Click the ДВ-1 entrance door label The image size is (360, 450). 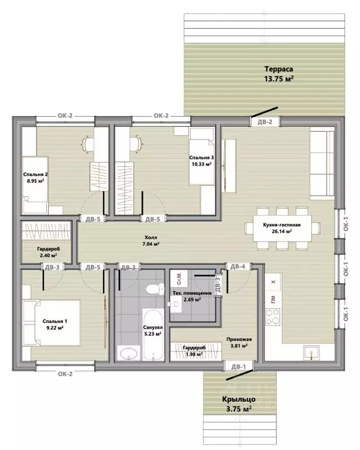(238, 367)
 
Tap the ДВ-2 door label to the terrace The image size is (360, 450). (265, 122)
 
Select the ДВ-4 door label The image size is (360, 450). (238, 267)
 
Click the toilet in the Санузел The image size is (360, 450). (155, 288)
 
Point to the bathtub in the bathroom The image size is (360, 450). (153, 335)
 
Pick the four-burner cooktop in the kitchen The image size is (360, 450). (272, 317)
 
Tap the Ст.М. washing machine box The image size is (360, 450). (179, 278)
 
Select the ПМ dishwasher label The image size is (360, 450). (273, 299)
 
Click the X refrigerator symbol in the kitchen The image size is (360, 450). (273, 282)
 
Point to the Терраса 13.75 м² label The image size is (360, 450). (279, 74)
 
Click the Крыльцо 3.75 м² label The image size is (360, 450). (239, 404)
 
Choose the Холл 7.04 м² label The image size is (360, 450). (151, 240)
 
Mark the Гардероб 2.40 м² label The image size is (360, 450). (49, 252)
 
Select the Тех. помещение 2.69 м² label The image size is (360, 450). (192, 296)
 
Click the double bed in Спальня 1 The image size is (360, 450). (52, 323)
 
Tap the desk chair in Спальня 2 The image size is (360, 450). (88, 144)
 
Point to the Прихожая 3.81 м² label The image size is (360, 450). (236, 342)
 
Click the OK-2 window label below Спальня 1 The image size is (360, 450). (65, 374)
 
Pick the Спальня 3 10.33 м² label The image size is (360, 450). (201, 161)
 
